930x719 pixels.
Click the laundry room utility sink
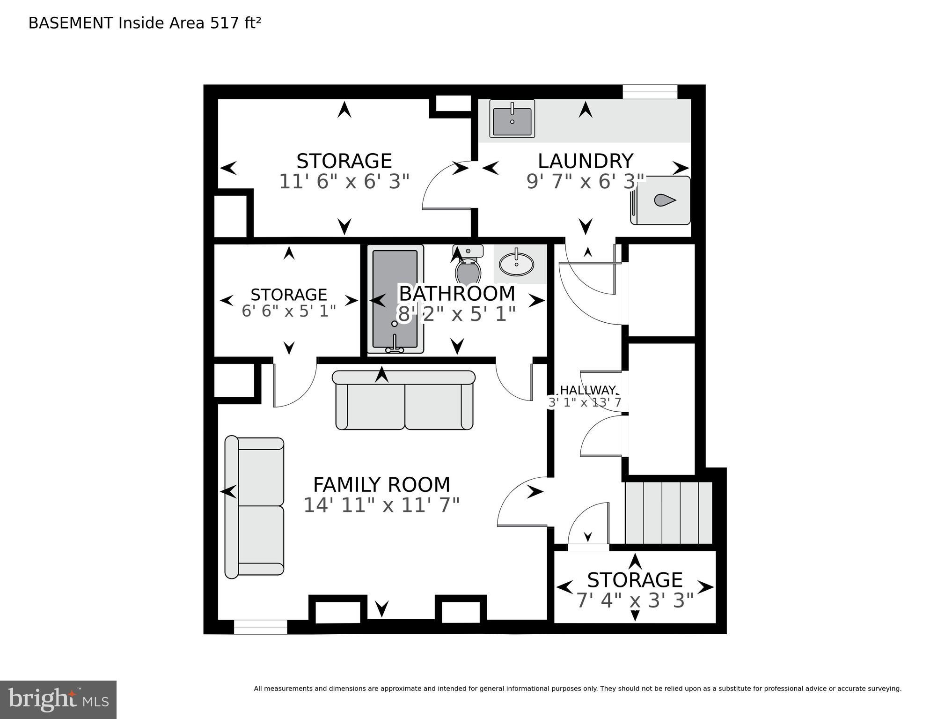click(x=512, y=119)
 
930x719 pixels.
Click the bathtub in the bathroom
click(x=395, y=299)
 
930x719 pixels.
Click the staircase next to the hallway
click(x=669, y=512)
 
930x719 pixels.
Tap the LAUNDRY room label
click(x=585, y=161)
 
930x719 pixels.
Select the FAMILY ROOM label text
click(x=381, y=484)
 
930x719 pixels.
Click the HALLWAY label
click(x=588, y=390)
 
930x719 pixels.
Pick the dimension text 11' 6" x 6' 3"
click(x=344, y=182)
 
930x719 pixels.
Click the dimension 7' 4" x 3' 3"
click(x=634, y=600)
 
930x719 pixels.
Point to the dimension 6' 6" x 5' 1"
click(x=289, y=311)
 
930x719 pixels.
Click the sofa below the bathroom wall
click(x=404, y=400)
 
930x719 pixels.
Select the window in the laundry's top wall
click(x=650, y=92)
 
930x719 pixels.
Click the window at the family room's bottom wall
click(x=260, y=627)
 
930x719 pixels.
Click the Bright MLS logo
click(x=58, y=699)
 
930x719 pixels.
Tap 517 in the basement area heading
click(x=225, y=23)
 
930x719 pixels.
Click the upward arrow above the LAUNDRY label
click(x=585, y=110)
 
